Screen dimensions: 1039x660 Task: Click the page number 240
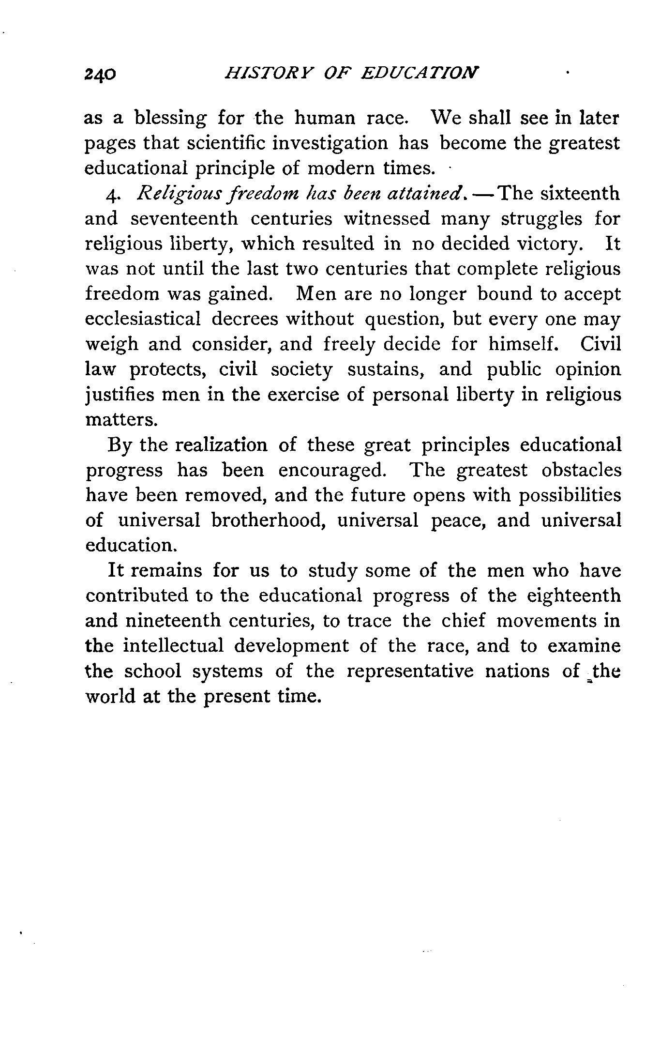[100, 74]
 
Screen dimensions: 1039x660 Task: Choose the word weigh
[109, 345]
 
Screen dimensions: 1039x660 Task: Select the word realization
[221, 445]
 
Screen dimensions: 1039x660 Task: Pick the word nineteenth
[171, 621]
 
